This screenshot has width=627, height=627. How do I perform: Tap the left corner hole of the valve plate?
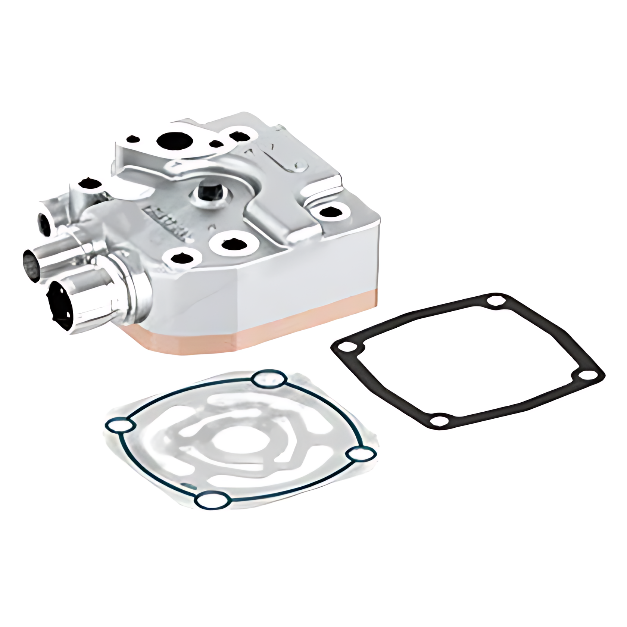click(120, 426)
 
